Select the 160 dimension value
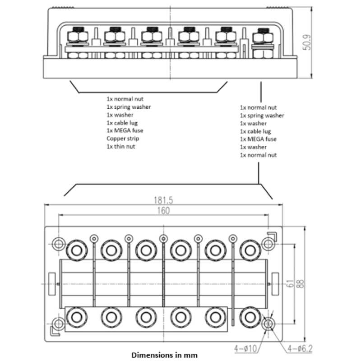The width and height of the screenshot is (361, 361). tap(163, 211)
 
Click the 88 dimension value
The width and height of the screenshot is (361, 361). tap(300, 283)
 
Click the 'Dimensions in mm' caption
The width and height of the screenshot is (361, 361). tap(164, 355)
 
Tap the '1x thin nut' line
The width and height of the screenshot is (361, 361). tap(120, 146)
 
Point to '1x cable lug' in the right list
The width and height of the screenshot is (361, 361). tap(255, 131)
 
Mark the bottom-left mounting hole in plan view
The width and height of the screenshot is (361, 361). tap(58, 324)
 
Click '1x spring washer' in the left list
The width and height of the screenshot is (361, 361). tap(129, 107)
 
